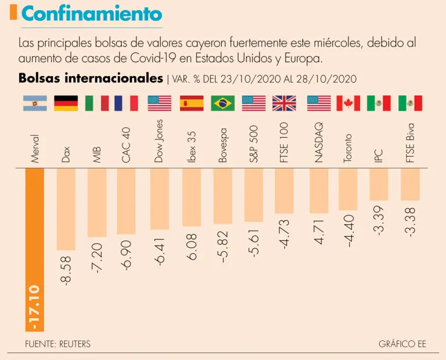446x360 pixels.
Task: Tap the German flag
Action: tap(66, 103)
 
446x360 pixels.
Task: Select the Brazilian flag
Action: tap(222, 103)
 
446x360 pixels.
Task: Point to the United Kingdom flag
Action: tap(285, 103)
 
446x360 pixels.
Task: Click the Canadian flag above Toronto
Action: tap(348, 103)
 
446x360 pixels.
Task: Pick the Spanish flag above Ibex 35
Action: tap(192, 103)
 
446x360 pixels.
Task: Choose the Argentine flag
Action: tap(35, 103)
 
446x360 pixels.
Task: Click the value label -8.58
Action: tap(66, 271)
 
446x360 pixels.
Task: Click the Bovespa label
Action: tap(222, 149)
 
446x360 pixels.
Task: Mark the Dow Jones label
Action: tap(160, 141)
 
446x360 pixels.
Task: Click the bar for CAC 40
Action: tap(128, 201)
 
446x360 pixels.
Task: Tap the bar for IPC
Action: tap(379, 183)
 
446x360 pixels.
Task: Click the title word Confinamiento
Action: tap(92, 13)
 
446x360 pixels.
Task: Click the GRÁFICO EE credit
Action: tap(402, 344)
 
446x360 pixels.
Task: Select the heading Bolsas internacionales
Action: tap(91, 78)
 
